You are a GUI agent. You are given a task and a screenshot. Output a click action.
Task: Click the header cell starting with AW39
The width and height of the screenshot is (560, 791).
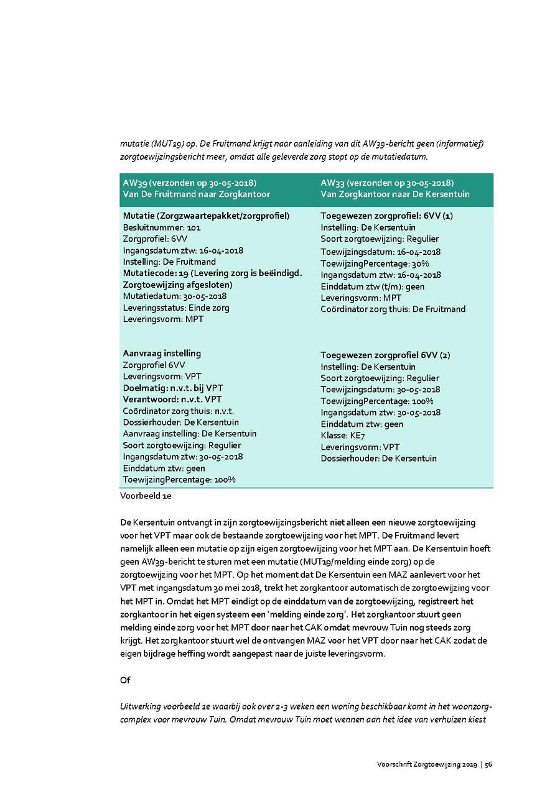[x=197, y=189]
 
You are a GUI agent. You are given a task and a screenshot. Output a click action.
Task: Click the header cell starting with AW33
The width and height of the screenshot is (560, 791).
[x=395, y=189]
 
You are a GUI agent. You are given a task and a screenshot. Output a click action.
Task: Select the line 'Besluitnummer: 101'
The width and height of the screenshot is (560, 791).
[x=162, y=227]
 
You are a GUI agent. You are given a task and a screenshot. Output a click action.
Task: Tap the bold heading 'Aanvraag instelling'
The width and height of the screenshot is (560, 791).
[x=162, y=353]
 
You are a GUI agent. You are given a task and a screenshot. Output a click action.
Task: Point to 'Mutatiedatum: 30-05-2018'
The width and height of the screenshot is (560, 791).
[x=175, y=296]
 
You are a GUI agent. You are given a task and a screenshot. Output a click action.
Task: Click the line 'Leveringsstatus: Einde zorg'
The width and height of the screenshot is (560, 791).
[x=176, y=308]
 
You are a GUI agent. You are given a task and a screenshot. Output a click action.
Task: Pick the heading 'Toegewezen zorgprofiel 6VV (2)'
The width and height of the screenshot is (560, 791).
[x=385, y=355]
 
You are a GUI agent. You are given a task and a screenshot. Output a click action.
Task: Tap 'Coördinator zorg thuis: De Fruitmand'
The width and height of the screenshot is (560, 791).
[x=393, y=309]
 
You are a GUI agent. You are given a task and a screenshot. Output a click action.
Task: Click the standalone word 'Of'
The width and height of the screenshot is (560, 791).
[x=124, y=680]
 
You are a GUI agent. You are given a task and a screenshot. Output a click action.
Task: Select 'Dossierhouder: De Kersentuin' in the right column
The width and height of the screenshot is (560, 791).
[x=378, y=459]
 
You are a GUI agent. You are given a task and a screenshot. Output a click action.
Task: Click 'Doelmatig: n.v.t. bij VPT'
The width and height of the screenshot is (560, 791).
[x=173, y=388]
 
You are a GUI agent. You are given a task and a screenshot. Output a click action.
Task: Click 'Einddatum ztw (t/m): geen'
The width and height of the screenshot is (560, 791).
[x=372, y=286]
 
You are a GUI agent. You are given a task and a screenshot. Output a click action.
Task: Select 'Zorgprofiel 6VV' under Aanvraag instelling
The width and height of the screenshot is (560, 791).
[x=154, y=365]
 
